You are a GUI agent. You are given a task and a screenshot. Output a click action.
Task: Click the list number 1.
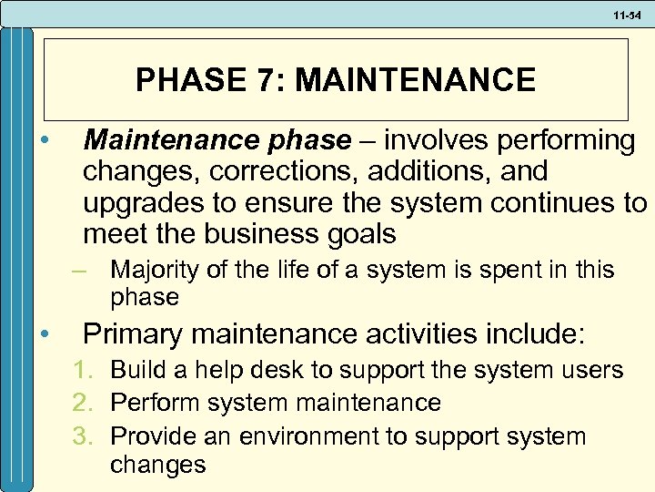pos(89,370)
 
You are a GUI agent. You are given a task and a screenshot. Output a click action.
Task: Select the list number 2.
pos(89,402)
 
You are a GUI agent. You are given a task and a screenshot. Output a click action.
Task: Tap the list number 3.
pos(89,436)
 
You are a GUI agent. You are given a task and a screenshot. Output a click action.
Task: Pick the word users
pos(591,370)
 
